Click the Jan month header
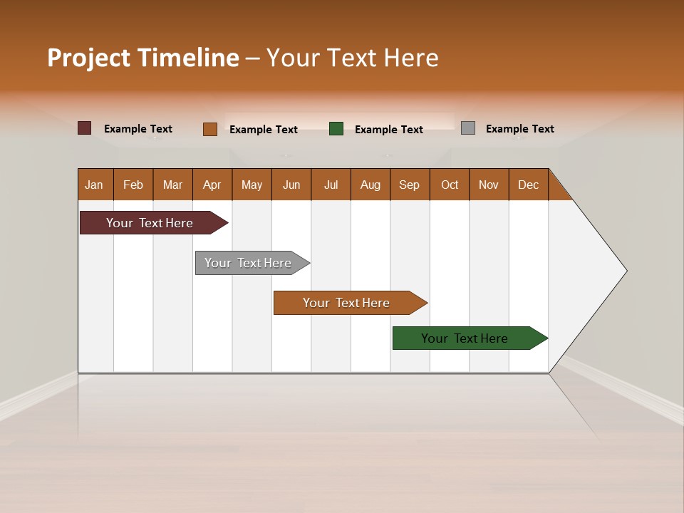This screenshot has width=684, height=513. pos(95,185)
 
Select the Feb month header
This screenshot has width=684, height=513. pos(133,185)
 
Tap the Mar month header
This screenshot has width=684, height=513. pos(172,185)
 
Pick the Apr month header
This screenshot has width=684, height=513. pos(212,185)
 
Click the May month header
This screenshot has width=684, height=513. pos(252,185)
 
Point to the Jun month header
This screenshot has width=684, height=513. pos(291,185)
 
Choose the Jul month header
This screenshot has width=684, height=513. pos(331,185)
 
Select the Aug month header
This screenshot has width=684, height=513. pos(370,185)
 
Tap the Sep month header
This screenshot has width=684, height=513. pos(410,185)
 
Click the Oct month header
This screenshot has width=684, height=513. pos(450,185)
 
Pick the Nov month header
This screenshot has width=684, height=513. pos(489,185)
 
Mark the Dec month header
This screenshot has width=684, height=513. pos(529,185)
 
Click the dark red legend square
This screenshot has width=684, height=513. pos(85,128)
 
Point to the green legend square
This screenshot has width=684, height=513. pos(336,129)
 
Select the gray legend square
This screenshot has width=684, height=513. pos(468,128)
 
